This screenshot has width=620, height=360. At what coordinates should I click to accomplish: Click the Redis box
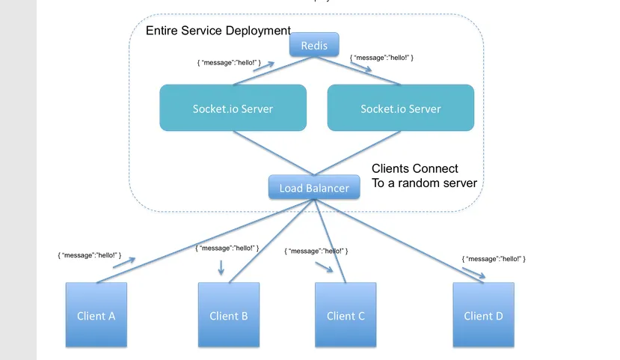(x=314, y=46)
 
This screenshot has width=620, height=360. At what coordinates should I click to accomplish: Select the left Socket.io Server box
(x=233, y=109)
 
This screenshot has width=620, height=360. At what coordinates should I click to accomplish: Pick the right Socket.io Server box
(x=401, y=109)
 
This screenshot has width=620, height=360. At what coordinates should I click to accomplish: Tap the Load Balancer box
(x=314, y=188)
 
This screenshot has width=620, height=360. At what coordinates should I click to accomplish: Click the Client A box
(x=96, y=315)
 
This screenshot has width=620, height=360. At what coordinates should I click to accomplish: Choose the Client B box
(x=229, y=315)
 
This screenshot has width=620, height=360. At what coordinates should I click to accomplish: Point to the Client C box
(x=346, y=315)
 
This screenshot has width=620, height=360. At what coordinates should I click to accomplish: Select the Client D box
(x=483, y=315)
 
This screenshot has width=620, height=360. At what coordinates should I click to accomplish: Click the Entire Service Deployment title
(x=218, y=31)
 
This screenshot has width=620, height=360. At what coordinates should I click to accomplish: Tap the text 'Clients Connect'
(x=415, y=168)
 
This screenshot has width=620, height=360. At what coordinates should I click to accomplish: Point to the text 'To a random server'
(x=424, y=183)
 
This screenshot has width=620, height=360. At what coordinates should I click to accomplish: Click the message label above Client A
(x=89, y=255)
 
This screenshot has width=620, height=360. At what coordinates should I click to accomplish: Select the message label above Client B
(x=227, y=248)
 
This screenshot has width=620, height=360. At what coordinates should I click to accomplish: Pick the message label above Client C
(x=316, y=251)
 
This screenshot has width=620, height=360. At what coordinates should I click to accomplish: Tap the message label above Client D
(x=494, y=258)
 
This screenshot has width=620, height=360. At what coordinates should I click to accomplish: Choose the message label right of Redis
(x=381, y=57)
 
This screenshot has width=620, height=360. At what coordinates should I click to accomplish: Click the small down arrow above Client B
(x=221, y=267)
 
